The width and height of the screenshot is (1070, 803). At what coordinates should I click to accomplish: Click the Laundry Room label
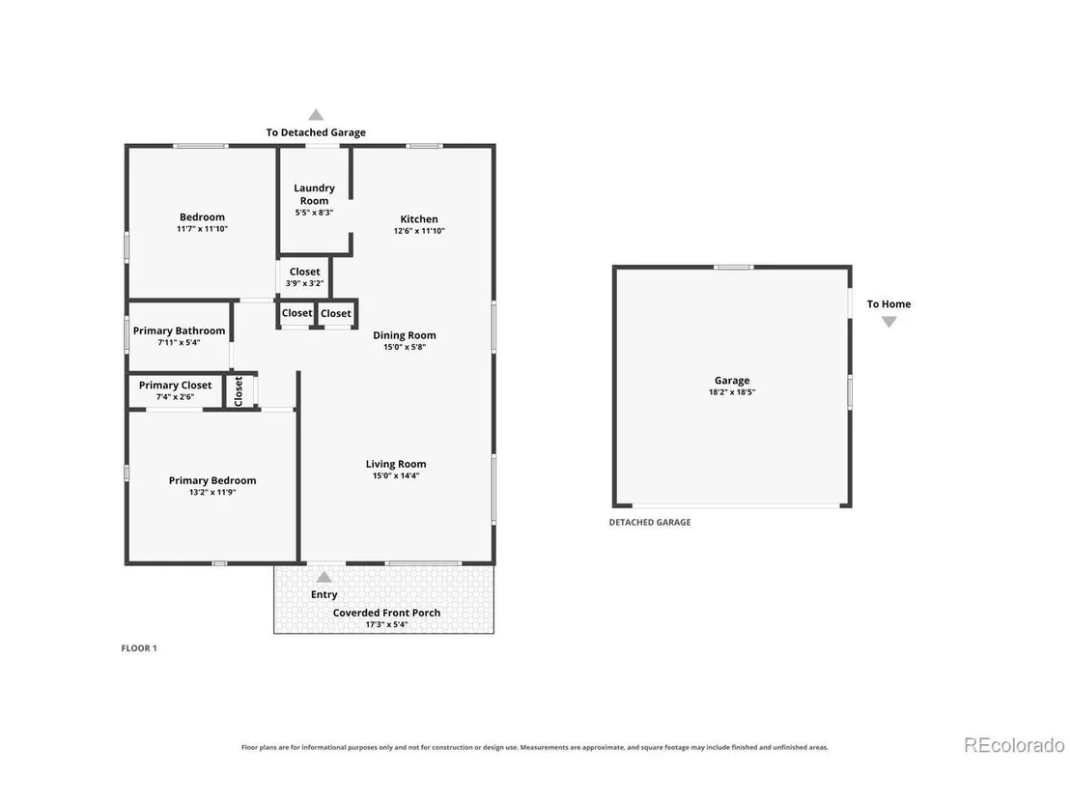coord(314,194)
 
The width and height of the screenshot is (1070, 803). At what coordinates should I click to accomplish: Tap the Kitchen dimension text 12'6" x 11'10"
coord(419,231)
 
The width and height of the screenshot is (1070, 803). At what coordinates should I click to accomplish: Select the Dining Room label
coord(404,335)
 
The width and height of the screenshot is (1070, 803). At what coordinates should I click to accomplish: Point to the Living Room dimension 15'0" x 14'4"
coord(396,476)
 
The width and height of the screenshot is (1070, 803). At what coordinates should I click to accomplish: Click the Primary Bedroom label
coord(212,480)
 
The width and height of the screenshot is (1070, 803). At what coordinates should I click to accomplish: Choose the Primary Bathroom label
coord(179,331)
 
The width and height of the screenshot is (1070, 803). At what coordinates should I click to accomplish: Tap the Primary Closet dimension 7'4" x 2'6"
coord(176,397)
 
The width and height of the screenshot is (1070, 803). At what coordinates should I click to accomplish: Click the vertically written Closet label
coord(239,391)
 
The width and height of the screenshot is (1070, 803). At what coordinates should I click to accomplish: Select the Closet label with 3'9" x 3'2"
coord(304,272)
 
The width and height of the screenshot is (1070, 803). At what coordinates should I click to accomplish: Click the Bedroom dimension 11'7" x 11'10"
coord(202,229)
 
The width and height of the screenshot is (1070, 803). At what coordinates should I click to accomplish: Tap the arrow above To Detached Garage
coord(315,115)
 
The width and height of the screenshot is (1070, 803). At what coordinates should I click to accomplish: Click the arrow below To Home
coord(888,322)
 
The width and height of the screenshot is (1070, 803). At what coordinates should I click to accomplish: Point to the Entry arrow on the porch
coord(324,577)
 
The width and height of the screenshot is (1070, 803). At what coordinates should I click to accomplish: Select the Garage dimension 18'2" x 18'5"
coord(732,392)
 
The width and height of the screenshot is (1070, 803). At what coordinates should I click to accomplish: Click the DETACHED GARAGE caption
coord(650,523)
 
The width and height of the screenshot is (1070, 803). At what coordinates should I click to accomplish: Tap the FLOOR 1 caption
coord(139,648)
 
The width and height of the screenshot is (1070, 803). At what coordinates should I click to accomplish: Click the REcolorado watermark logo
coord(1014,745)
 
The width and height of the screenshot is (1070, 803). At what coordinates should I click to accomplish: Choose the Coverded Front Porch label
coord(386,614)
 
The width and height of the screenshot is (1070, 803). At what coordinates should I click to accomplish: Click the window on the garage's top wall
coord(734,267)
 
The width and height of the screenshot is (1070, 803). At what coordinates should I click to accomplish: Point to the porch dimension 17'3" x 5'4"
coord(386,625)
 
